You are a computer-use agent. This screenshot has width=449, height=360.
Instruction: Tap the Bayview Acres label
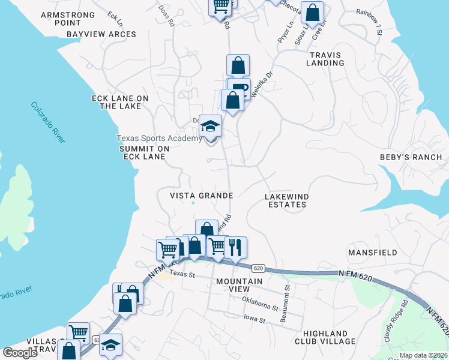pyautogui.click(x=101, y=34)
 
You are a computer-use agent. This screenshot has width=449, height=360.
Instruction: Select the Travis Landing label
pyautogui.click(x=326, y=59)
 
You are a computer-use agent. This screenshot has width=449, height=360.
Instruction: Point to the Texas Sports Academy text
pyautogui.click(x=159, y=139)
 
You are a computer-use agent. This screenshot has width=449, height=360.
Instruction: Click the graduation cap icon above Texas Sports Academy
pyautogui.click(x=210, y=126)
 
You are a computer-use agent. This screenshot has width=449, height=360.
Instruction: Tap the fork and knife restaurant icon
pyautogui.click(x=235, y=247)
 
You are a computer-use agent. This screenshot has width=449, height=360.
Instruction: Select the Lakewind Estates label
pyautogui.click(x=286, y=200)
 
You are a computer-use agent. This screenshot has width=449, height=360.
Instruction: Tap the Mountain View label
pyautogui.click(x=239, y=285)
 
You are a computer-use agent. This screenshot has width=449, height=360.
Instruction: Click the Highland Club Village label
pyautogui.click(x=329, y=337)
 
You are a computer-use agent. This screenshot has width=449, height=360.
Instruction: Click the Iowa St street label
pyautogui.click(x=254, y=320)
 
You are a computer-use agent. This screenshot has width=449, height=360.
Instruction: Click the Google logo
pyautogui.click(x=20, y=353)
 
